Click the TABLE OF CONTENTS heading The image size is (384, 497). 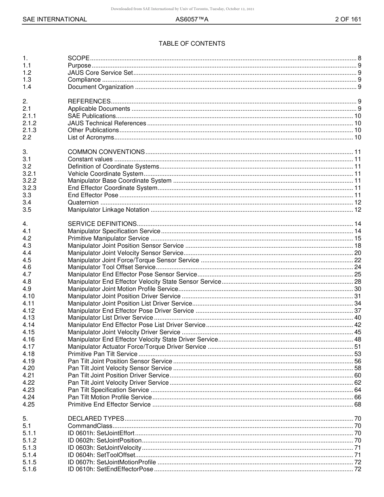tap(192, 44)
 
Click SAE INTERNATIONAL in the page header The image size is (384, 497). tap(55, 19)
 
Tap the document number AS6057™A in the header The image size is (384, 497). tap(192, 19)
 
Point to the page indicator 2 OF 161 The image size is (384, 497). tap(348, 19)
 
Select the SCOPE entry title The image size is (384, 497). tap(79, 58)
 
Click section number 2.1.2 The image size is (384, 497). tap(30, 123)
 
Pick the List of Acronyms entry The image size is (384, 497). tap(91, 138)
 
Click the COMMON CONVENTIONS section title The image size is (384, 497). tap(106, 152)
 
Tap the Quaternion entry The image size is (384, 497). tap(83, 202)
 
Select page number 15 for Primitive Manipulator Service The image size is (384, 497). tap(358, 238)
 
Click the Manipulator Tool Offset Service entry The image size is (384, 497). tap(112, 267)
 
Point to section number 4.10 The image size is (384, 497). tap(28, 296)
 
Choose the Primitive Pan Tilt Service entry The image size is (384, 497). tap(103, 354)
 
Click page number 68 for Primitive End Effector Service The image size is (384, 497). tap(358, 404)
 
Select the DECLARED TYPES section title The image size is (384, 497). tap(96, 419)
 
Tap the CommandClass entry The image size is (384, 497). tap(90, 426)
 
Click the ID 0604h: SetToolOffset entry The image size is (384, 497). tap(101, 455)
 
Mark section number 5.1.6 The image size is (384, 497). tap(30, 469)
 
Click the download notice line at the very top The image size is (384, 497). tap(182, 9)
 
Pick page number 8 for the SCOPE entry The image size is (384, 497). tap(359, 58)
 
